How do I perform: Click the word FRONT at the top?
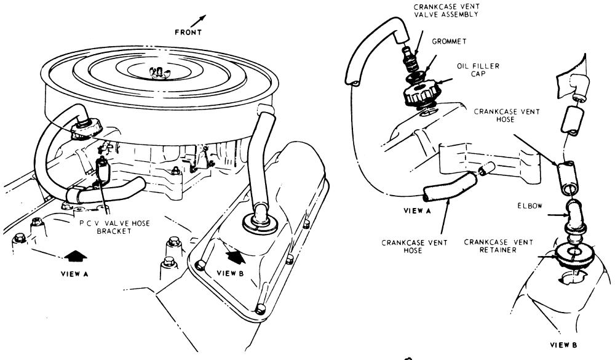tap(188, 33)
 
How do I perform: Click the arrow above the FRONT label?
tap(200, 20)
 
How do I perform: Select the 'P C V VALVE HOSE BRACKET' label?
tap(114, 227)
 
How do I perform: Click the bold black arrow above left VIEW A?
tap(75, 256)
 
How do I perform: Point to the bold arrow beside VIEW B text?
tap(237, 257)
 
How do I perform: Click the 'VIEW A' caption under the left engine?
tap(74, 274)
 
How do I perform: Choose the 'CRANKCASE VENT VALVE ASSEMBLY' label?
tap(446, 10)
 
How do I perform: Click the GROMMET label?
tap(449, 41)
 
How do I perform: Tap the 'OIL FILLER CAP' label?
tap(478, 70)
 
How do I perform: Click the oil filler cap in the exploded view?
tap(419, 94)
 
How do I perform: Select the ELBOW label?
tap(530, 206)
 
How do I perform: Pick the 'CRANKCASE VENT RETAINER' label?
tap(499, 246)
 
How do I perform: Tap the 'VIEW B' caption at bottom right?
tap(563, 345)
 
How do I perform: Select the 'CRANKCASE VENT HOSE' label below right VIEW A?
tap(415, 247)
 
